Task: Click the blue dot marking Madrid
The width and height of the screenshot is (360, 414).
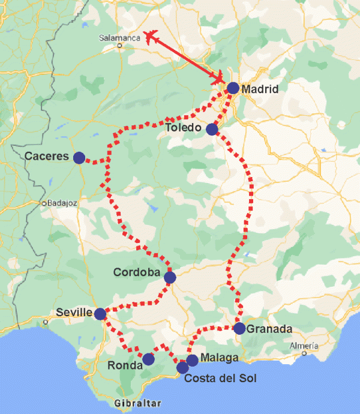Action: pos(233,89)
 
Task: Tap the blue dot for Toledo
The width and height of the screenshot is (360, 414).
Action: pos(212,129)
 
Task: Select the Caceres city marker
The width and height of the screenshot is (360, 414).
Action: pos(79,158)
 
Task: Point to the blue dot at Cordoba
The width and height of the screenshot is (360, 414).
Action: pos(170,278)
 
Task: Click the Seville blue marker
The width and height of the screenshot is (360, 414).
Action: pos(100,314)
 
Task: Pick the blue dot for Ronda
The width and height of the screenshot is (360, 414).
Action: pos(148,359)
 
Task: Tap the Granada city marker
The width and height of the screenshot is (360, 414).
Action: pos(239,328)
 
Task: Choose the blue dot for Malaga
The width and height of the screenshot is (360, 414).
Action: pos(192,361)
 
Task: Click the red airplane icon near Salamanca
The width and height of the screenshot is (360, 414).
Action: pos(151,37)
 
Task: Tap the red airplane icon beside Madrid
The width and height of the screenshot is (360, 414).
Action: pos(218,79)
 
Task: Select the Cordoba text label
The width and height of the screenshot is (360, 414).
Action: pos(137,273)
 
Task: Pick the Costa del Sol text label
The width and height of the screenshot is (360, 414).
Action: pos(220,378)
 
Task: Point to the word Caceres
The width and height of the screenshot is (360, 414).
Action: pos(47,157)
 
